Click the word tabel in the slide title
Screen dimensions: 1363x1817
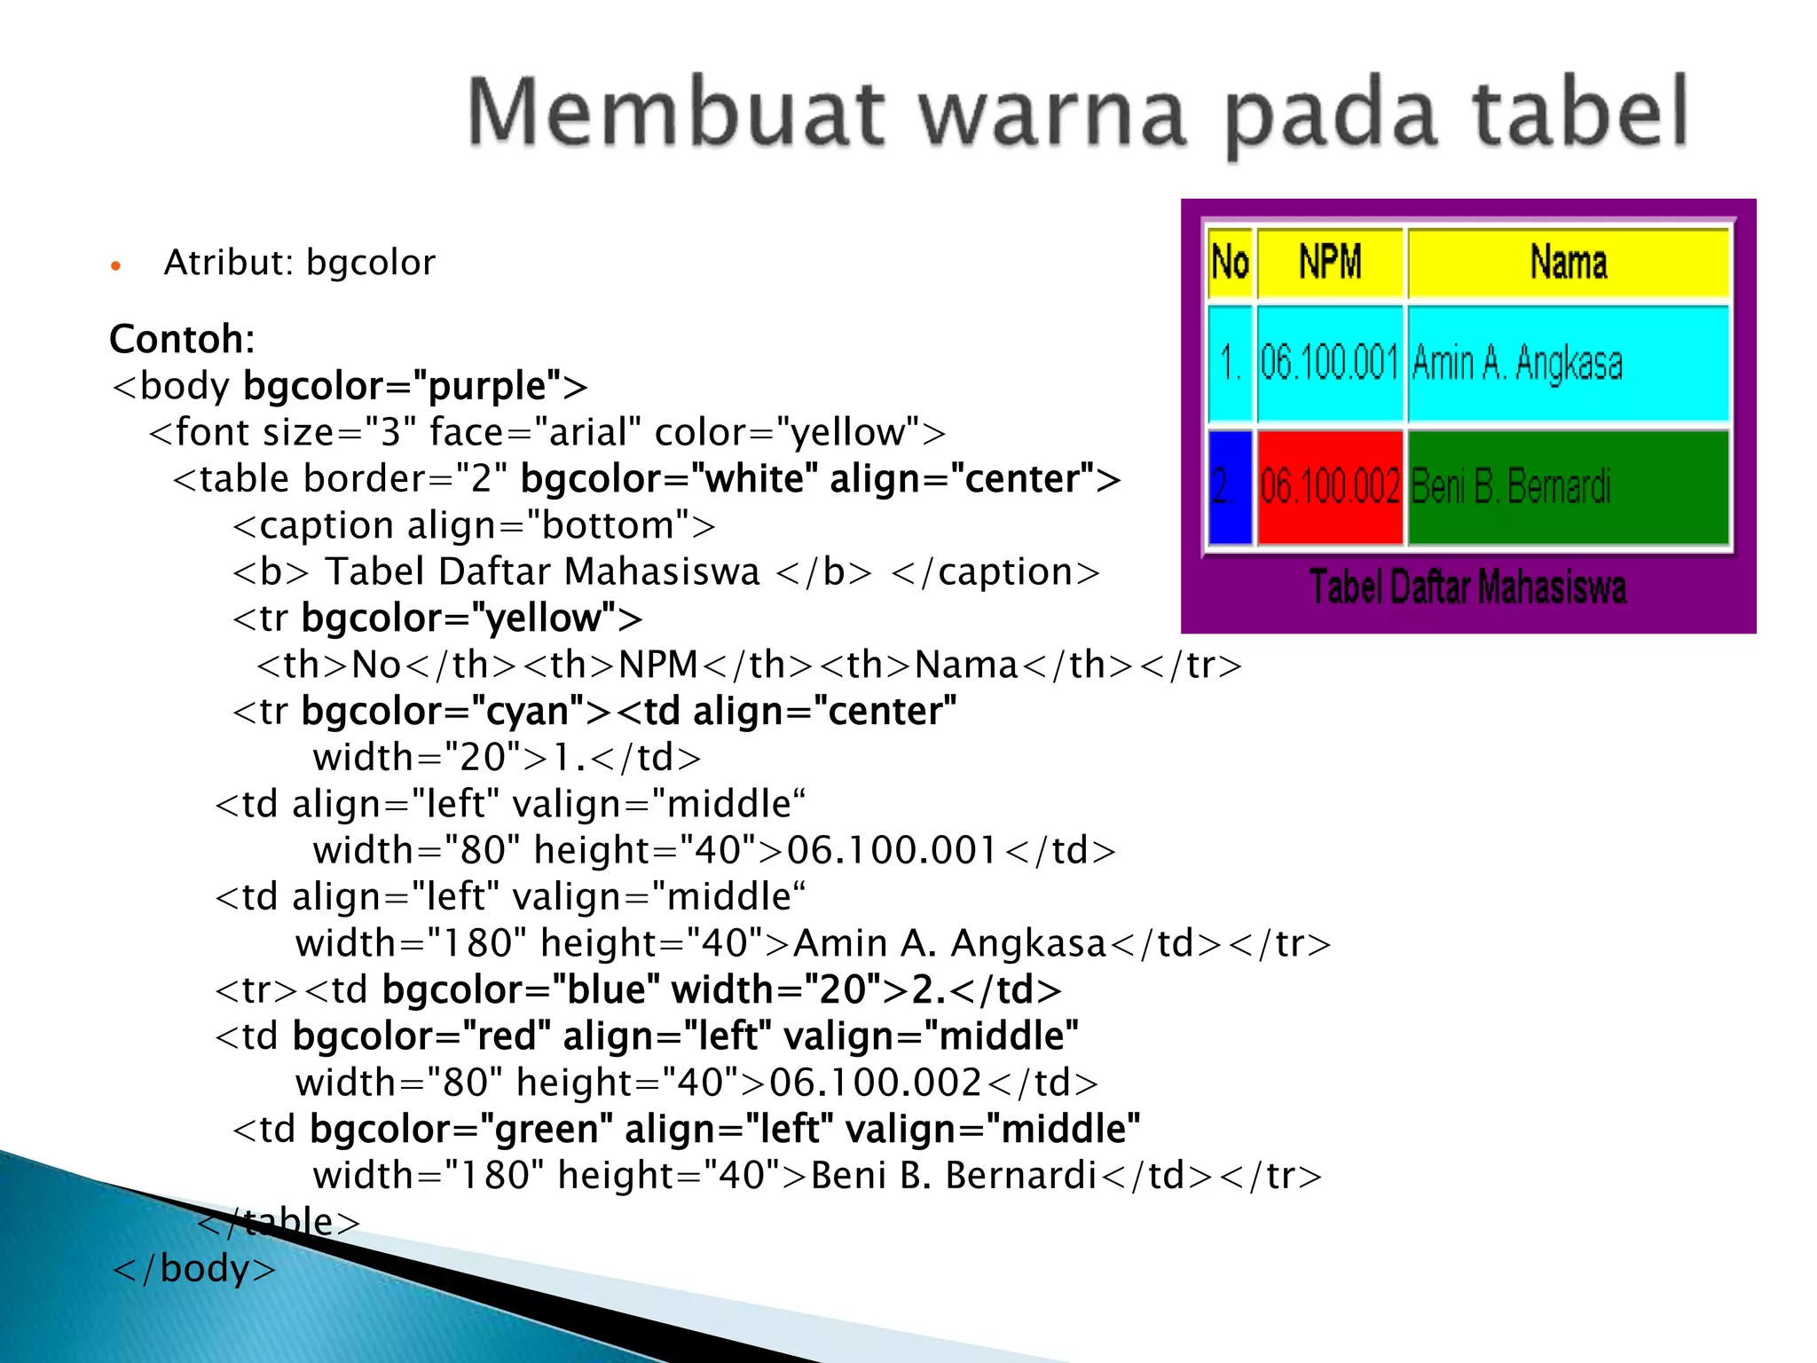(1579, 113)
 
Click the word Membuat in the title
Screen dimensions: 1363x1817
(675, 113)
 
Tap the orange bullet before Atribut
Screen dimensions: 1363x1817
(115, 265)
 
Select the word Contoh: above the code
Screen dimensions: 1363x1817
(182, 339)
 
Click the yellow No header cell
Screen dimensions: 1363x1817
(1230, 263)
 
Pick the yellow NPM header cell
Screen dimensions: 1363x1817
(1330, 263)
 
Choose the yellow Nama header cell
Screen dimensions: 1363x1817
(1569, 263)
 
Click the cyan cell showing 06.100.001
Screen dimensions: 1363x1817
(1330, 363)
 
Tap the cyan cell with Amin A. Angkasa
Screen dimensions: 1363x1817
(1569, 363)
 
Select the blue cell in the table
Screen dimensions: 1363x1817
(1230, 486)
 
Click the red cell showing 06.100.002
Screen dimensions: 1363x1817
(1330, 486)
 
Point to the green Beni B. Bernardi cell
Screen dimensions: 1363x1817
(1569, 486)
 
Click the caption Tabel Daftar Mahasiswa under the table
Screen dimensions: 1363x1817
(1468, 587)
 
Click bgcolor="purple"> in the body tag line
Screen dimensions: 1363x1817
(415, 386)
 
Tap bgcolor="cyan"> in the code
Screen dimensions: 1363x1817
(456, 711)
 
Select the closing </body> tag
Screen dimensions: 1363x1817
(194, 1268)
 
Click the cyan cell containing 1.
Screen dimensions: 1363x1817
(1230, 363)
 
